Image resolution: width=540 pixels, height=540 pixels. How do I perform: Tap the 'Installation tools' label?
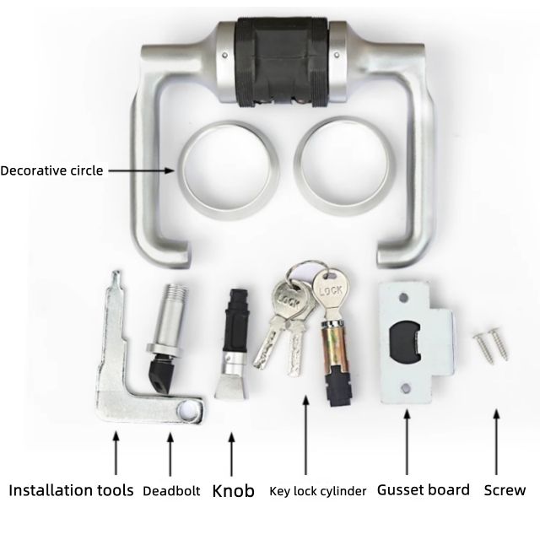coord(71,489)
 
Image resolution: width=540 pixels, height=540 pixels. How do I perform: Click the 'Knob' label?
coord(233,490)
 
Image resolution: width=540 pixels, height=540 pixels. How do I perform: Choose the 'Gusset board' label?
coord(423,489)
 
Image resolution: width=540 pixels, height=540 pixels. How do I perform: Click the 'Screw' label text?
coord(505,490)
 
